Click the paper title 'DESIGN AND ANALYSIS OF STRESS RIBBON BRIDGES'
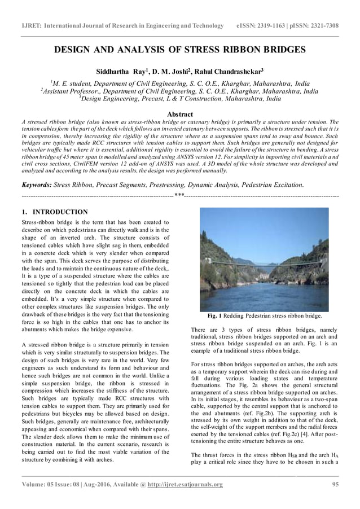[x=179, y=50]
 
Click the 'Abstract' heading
[x=179, y=114]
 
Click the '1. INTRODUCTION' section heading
[x=54, y=212]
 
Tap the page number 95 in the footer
[x=335, y=484]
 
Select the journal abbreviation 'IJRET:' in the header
[x=33, y=26]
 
